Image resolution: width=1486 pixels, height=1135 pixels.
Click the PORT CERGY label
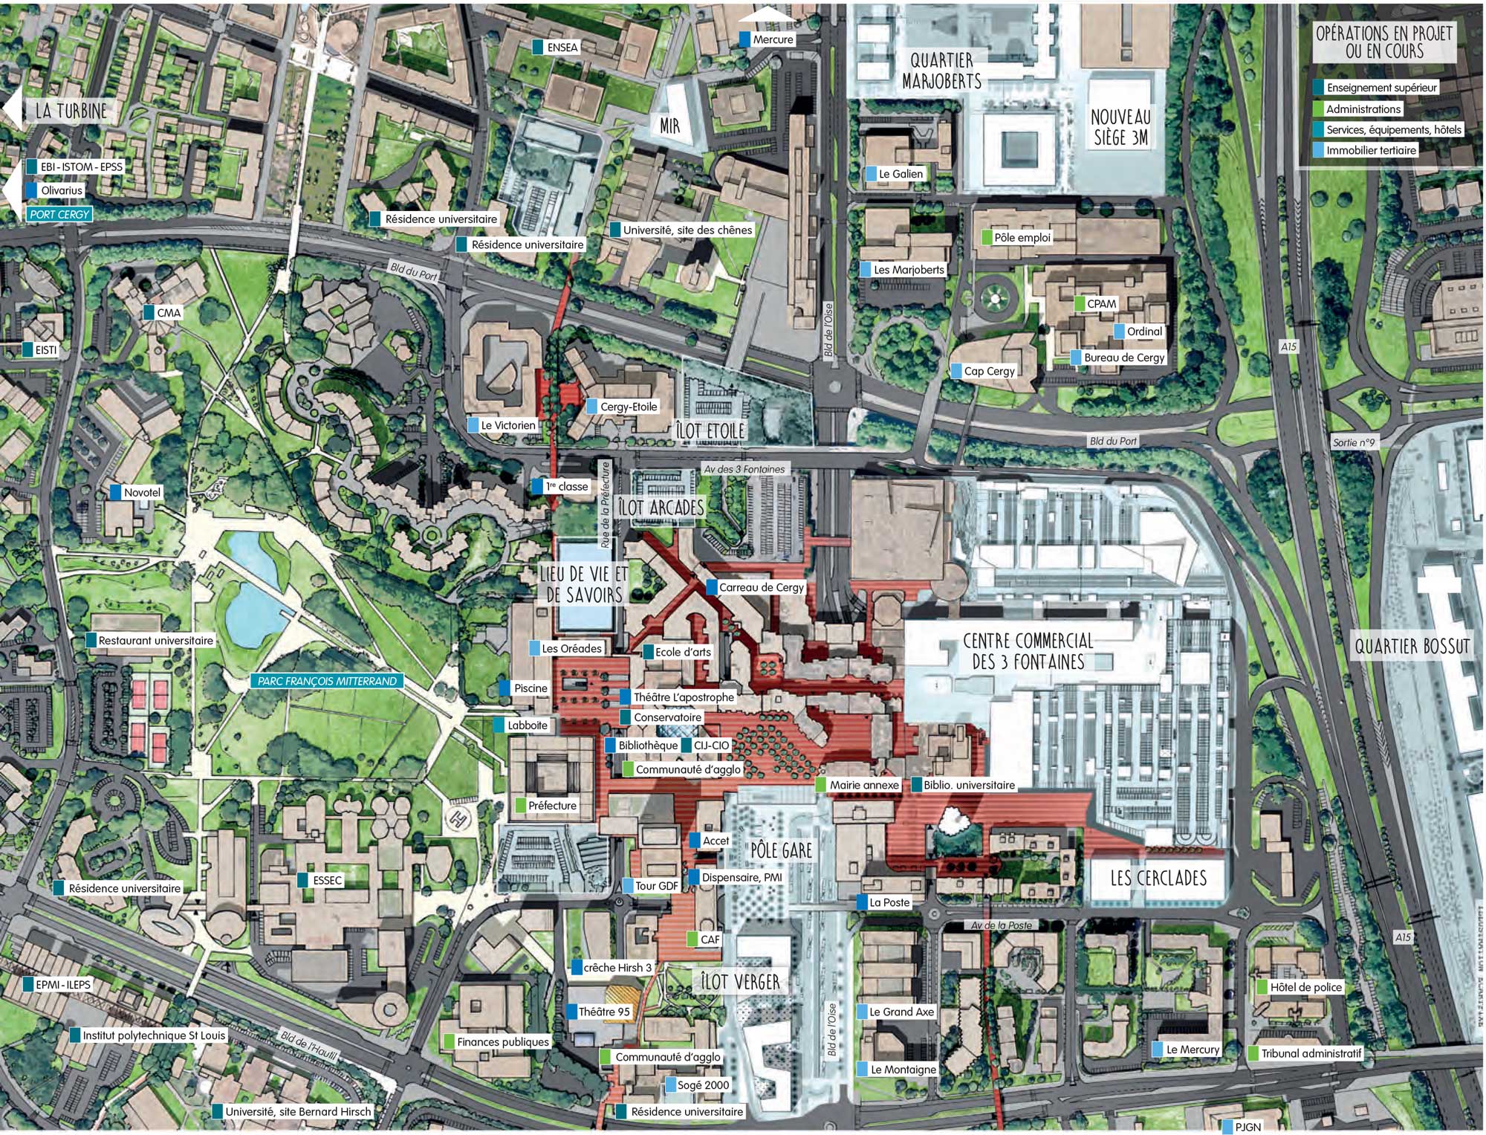(59, 214)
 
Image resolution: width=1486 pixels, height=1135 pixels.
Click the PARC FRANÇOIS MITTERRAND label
(327, 681)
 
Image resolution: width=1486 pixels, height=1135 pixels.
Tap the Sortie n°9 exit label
(1353, 442)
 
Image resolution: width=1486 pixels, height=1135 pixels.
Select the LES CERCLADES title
(1158, 878)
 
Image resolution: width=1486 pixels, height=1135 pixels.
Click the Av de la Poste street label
(1001, 925)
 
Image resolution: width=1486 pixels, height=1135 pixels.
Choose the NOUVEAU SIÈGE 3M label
(1120, 127)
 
